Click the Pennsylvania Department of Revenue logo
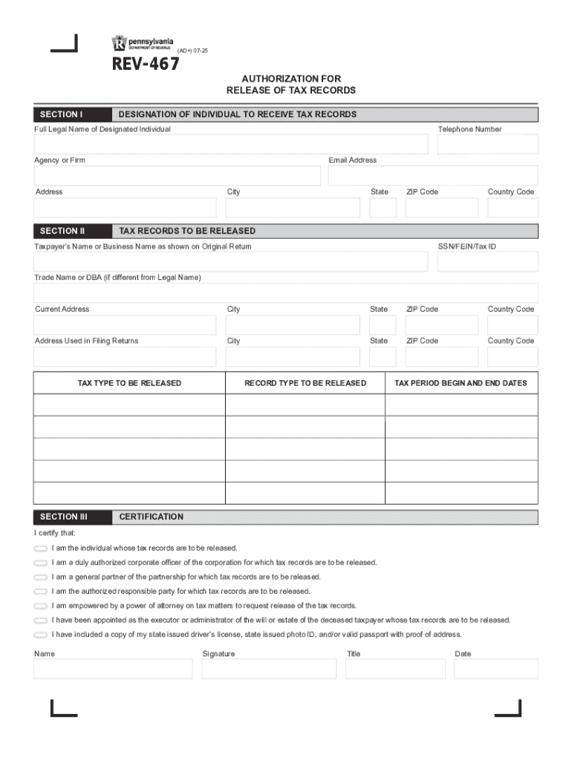coord(141,42)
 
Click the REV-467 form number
coord(146,65)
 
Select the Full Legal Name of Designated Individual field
coord(230,144)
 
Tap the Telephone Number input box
coord(487,144)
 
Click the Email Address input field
coord(432,175)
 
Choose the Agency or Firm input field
coord(177,175)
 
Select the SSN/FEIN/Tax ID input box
coord(487,261)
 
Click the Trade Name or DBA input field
coord(285,292)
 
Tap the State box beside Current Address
coord(383,325)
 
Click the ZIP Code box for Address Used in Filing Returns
coord(441,356)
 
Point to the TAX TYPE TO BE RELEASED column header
coord(129,383)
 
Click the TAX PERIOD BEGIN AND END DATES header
coord(461,383)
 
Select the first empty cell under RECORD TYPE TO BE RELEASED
coord(305,405)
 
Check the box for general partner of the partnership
coord(40,577)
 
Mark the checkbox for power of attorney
coord(40,606)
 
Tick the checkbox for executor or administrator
coord(40,620)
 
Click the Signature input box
coord(267,669)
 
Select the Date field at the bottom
coord(495,669)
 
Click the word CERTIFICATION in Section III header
coord(152,517)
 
